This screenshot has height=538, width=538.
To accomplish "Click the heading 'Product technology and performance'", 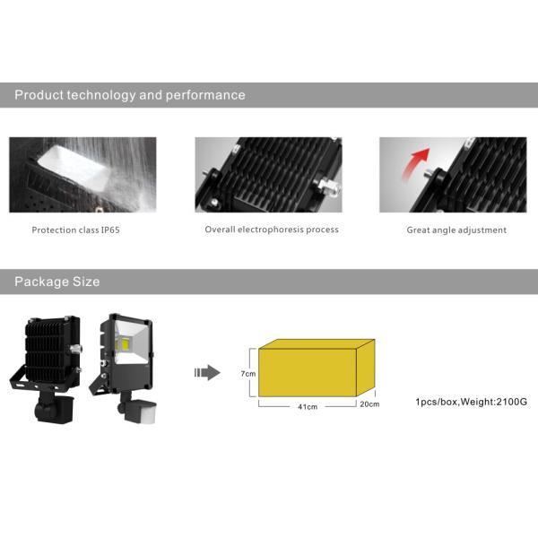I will pos(129,95).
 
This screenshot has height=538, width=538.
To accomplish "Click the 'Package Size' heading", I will pos(56,282).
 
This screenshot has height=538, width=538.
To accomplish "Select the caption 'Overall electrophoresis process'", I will pos(272,230).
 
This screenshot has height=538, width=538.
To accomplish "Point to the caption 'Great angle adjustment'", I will pos(456,230).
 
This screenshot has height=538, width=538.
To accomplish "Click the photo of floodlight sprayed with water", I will pos(82,175).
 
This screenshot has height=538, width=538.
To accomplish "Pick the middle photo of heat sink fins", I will pos(268,175).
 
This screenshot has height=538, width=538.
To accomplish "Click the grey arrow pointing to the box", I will pos(207,371).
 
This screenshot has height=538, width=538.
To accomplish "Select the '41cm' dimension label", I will pos(307,406).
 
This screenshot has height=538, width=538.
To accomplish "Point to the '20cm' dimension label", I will pos(369,404).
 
